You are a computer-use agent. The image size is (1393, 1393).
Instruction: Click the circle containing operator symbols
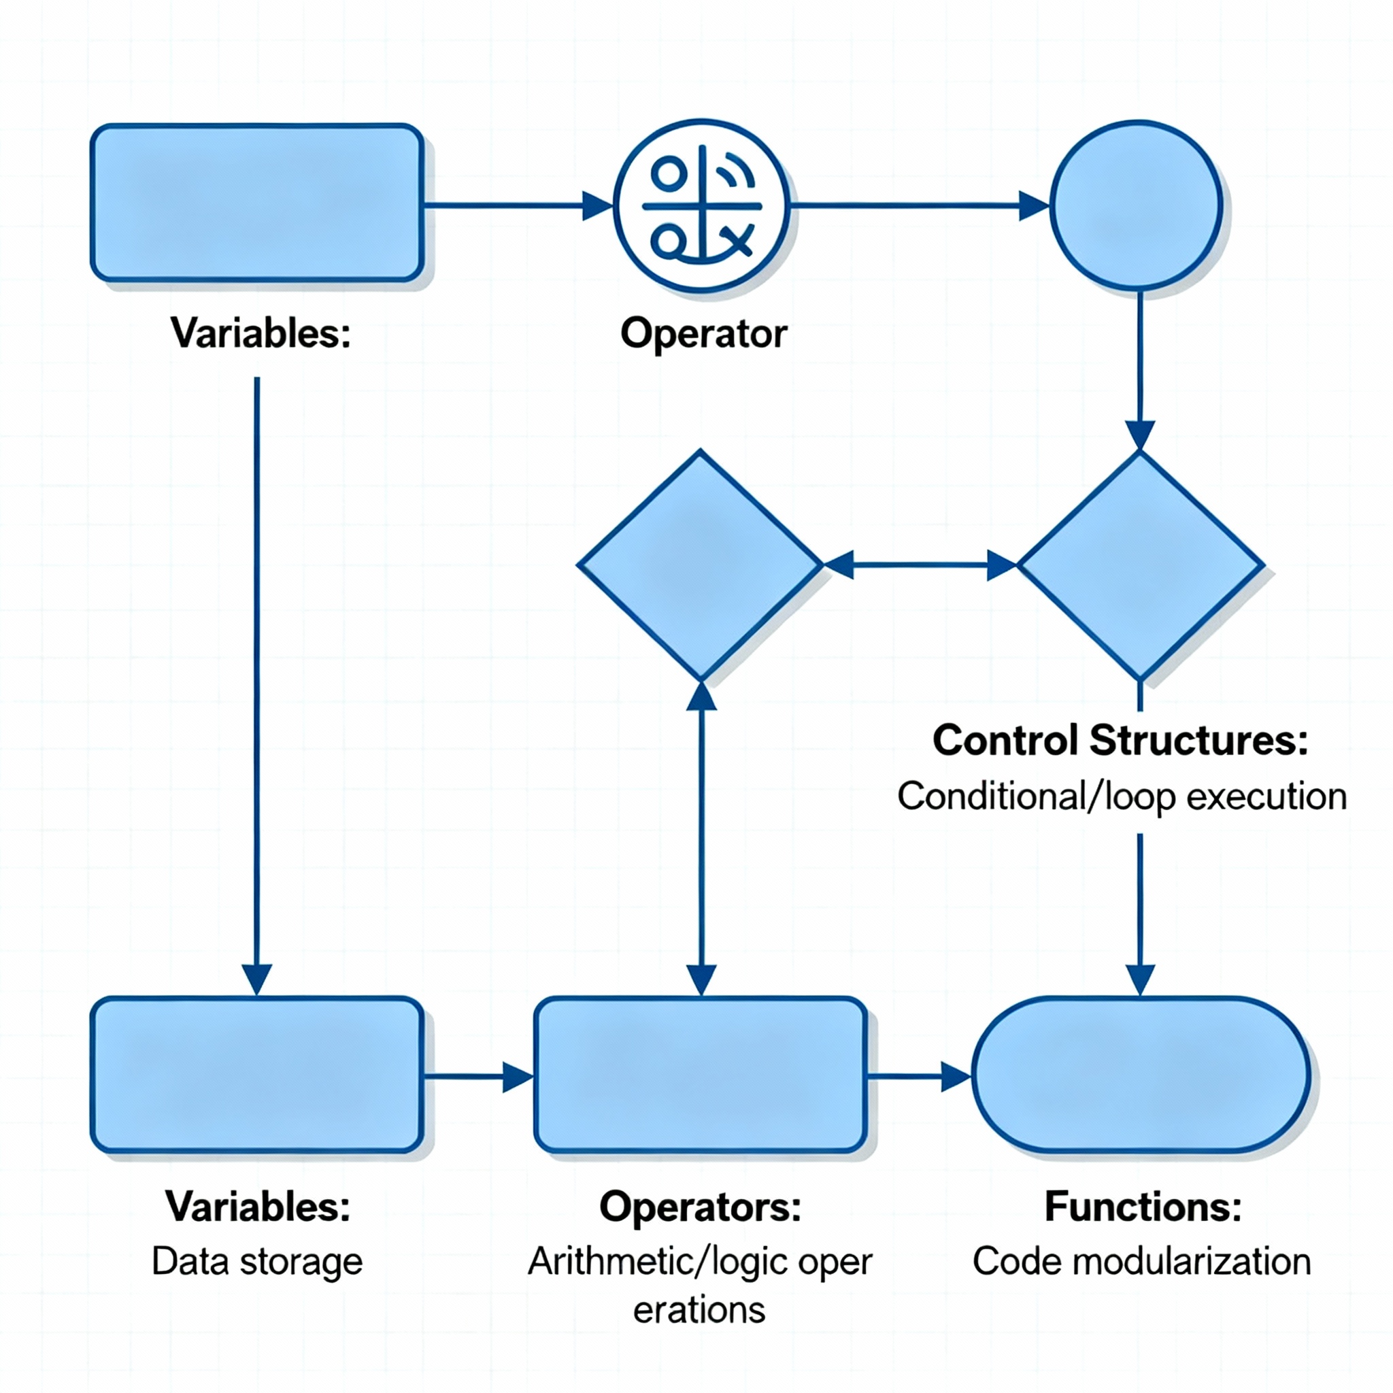[x=701, y=205]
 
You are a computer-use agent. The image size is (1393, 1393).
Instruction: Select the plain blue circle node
[x=1137, y=205]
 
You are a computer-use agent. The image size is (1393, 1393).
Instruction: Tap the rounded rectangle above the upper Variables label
[x=256, y=203]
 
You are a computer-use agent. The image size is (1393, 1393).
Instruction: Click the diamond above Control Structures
[x=1139, y=565]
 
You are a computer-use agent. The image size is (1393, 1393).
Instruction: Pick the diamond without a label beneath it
[x=700, y=565]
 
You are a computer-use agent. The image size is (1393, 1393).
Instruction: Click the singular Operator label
[x=703, y=334]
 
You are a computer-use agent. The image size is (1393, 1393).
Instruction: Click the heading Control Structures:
[x=1120, y=741]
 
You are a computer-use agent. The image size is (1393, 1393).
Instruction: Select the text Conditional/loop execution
[x=1122, y=796]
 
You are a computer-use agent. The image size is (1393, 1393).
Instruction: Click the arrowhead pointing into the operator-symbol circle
[x=597, y=205]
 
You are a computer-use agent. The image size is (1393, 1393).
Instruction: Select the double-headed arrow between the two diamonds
[x=920, y=565]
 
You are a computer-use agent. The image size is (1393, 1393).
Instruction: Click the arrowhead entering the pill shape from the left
[x=956, y=1077]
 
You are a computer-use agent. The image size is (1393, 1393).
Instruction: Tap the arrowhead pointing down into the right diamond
[x=1140, y=435]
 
